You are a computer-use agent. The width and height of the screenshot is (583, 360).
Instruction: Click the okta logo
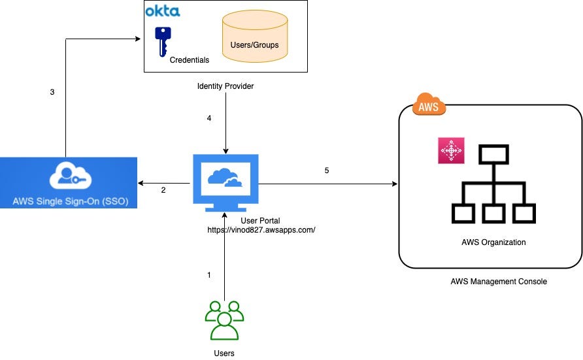[x=162, y=11]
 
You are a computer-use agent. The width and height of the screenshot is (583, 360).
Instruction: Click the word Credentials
[x=189, y=60]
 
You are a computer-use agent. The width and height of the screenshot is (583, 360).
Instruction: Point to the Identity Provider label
[x=225, y=86]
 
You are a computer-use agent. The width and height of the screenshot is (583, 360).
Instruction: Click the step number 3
[x=52, y=92]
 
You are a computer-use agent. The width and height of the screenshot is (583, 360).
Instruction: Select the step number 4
[x=209, y=118]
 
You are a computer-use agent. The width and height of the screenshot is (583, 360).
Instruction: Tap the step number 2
[x=163, y=190]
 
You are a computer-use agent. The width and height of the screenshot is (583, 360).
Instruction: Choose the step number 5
[x=327, y=171]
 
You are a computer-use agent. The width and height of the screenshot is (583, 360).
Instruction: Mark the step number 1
[x=209, y=275]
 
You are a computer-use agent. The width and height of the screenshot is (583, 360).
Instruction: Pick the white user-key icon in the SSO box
[x=69, y=175]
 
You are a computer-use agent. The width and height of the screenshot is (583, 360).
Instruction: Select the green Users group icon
[x=224, y=320]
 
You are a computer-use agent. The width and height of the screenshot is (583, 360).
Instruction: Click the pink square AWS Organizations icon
[x=451, y=150]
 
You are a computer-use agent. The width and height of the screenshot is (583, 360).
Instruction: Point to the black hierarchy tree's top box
[x=493, y=154]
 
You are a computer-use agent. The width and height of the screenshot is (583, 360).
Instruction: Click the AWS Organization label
[x=493, y=242]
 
